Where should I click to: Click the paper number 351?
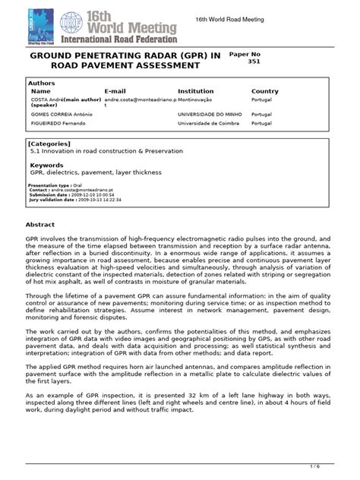[x=254, y=62]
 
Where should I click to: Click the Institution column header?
[x=195, y=91]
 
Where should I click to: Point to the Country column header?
[x=265, y=91]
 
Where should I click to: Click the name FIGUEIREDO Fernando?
[x=55, y=124]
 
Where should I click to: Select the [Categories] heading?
[x=49, y=143]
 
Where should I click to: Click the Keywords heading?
[x=46, y=165]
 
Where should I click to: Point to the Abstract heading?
[x=41, y=225]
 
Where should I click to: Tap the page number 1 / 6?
[x=336, y=466]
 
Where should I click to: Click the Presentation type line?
[x=60, y=185]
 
